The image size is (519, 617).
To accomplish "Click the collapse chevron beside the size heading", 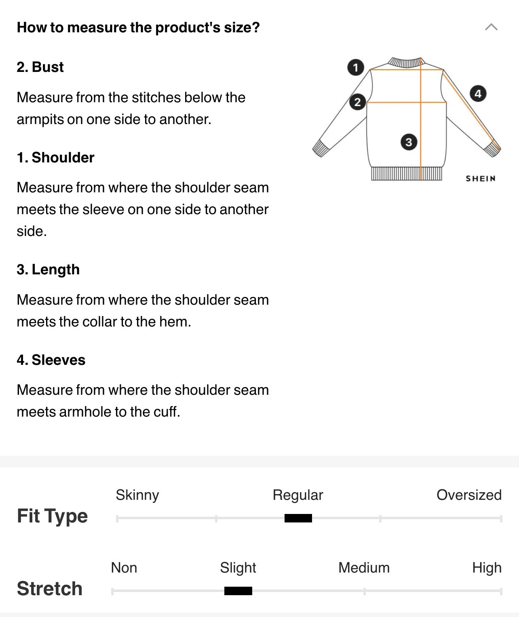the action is click(x=491, y=27).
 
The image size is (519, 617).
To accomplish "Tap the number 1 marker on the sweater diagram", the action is click(x=356, y=67).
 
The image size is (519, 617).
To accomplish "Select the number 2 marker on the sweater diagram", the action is click(x=358, y=102).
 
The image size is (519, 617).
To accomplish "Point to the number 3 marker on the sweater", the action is click(x=409, y=142).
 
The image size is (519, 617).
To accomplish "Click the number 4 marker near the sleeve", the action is click(x=478, y=94).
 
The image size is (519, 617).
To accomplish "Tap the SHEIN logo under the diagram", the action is click(x=481, y=179).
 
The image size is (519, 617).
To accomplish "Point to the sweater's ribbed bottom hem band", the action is click(x=406, y=173).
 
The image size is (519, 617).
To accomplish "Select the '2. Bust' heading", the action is click(x=40, y=67).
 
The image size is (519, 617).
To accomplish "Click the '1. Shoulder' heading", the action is click(x=55, y=157).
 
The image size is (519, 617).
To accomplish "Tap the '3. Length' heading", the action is click(x=48, y=270).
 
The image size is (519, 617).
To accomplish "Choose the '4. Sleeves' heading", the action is click(x=51, y=360).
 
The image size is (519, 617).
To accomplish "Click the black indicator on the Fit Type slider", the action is click(x=298, y=518).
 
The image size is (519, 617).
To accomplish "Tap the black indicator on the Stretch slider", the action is click(x=238, y=591).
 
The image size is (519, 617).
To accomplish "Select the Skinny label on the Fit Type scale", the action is click(x=137, y=495).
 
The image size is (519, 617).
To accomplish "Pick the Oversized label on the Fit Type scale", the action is click(x=469, y=495).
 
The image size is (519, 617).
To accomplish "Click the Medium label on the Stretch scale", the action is click(x=364, y=567).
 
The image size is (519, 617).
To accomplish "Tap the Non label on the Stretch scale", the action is click(x=124, y=567).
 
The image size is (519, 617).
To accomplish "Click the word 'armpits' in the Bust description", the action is click(x=40, y=120).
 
